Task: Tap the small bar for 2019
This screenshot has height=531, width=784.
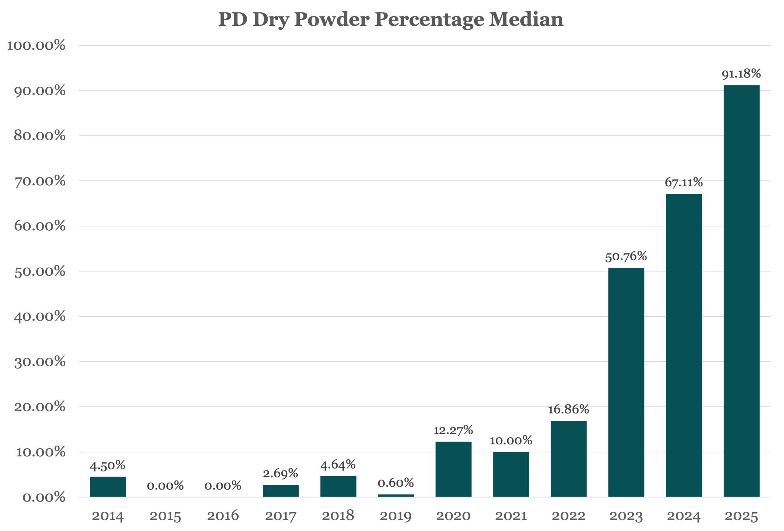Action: (x=395, y=495)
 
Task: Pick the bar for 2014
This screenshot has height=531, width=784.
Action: (x=107, y=487)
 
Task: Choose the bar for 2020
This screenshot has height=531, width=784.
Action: (x=453, y=469)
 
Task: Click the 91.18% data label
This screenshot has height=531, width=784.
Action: (x=741, y=73)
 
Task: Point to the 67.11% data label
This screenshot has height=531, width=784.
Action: (x=684, y=183)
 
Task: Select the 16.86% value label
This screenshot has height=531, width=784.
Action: (x=568, y=409)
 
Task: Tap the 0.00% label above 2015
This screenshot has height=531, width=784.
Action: (x=165, y=486)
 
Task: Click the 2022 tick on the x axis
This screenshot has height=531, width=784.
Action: (x=568, y=516)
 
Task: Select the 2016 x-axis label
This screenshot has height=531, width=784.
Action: (x=223, y=516)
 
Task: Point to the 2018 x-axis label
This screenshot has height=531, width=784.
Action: (x=338, y=516)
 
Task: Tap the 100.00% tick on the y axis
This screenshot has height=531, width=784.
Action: (x=36, y=45)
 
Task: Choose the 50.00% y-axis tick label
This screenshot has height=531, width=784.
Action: (x=40, y=271)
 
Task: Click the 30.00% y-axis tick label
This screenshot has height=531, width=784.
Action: (x=40, y=362)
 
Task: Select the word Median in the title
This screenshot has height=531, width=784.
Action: (x=526, y=19)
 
